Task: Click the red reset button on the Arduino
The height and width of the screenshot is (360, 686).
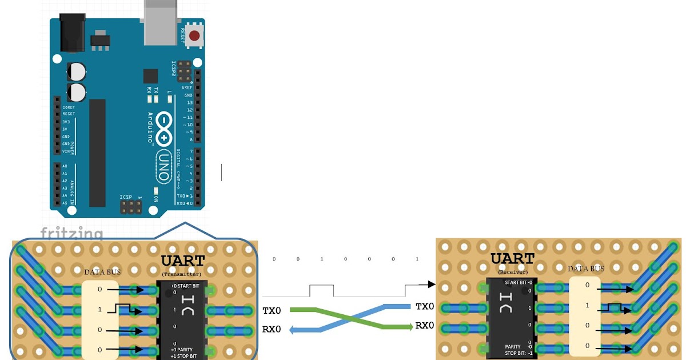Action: click(x=194, y=36)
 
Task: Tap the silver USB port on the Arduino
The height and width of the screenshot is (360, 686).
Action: click(x=160, y=23)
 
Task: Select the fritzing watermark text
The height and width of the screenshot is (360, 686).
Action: click(x=71, y=234)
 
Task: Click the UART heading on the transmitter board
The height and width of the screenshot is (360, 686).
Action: click(x=182, y=261)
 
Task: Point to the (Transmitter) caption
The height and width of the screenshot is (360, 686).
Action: click(x=182, y=274)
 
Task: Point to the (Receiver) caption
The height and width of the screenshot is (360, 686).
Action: click(x=513, y=272)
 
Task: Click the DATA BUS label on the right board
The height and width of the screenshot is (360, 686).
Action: click(x=586, y=269)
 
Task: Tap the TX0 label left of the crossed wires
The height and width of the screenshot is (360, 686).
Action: click(x=272, y=311)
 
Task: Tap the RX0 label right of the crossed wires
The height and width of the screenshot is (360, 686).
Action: click(x=425, y=326)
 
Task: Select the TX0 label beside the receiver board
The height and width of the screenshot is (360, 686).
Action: click(x=425, y=307)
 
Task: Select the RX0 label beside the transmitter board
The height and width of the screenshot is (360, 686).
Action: click(x=272, y=329)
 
